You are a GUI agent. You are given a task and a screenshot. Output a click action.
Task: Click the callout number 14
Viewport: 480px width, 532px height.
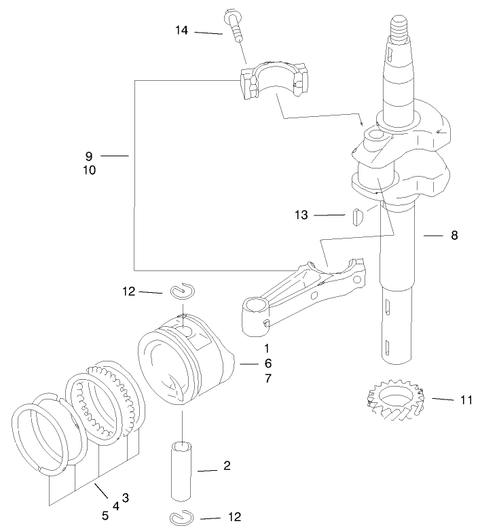pos(181,31)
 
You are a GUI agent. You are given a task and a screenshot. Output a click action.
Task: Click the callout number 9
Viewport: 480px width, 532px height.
pos(89,156)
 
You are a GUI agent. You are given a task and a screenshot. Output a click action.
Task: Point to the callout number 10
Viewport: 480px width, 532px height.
pos(89,171)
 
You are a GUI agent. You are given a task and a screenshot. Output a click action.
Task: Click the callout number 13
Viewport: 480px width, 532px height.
pos(301,215)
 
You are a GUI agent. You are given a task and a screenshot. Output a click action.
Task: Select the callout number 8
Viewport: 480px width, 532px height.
pos(454,236)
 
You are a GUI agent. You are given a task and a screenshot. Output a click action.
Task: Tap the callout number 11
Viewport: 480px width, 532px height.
pos(465,400)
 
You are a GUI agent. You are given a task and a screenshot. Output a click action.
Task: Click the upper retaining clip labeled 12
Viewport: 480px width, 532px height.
pos(183,291)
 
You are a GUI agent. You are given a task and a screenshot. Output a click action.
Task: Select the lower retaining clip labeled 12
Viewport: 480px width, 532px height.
pos(180,518)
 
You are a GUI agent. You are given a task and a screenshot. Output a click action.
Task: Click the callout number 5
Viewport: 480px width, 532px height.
pos(105,516)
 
